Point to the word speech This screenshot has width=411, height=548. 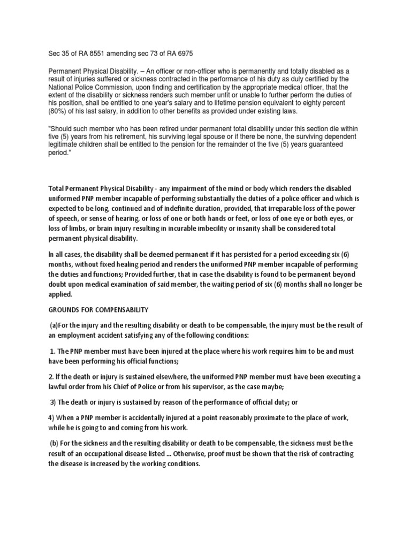point(68,217)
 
